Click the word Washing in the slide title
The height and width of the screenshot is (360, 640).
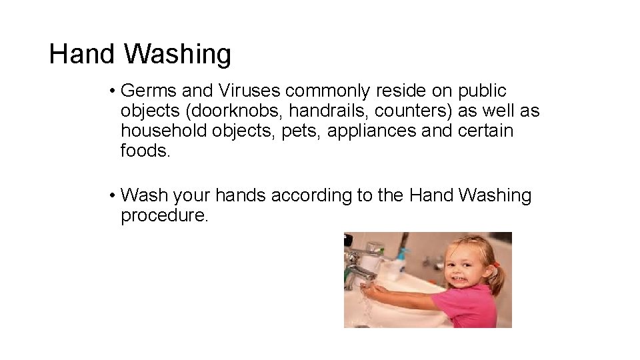coord(177,55)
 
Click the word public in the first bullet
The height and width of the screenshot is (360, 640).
coord(483,91)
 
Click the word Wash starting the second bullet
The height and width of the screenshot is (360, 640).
coord(145,196)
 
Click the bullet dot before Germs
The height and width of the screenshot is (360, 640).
coord(115,91)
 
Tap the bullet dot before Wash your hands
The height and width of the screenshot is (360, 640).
coord(115,197)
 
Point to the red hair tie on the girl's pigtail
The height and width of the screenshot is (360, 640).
coord(496,264)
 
